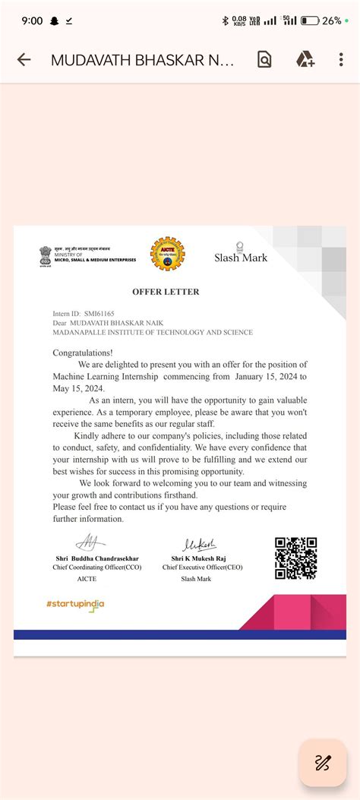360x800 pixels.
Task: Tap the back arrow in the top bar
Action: coord(24,60)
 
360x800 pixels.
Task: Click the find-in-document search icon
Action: coord(264,60)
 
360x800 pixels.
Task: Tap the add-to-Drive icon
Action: coord(305,60)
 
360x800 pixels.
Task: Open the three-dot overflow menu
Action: coord(342,60)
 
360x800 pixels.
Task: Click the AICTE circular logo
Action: coord(167,255)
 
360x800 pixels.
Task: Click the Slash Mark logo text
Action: coord(241,258)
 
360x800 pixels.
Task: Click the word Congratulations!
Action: coord(83,353)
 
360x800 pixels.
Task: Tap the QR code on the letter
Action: coord(295,558)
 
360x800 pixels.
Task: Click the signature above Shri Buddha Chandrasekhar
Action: coord(90,543)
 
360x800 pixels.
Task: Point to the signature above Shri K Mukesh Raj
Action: coord(199,544)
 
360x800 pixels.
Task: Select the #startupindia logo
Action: coord(75,605)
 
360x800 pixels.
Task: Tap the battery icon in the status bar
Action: coord(310,21)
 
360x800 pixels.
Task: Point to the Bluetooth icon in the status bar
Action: coord(225,21)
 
